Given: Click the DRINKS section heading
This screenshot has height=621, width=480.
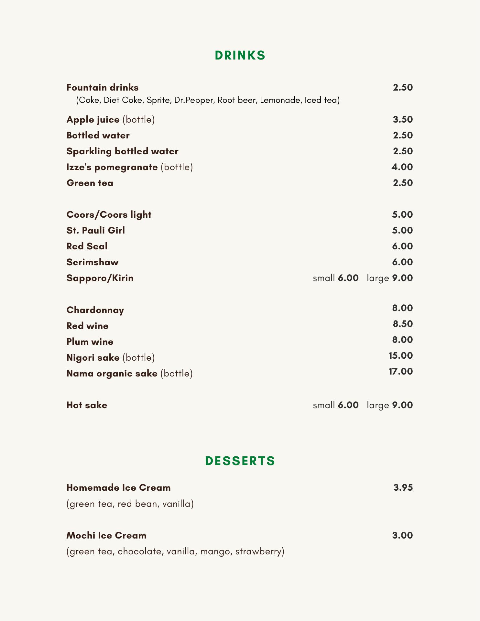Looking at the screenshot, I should click(x=240, y=56).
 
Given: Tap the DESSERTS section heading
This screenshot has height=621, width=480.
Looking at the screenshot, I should click(x=240, y=461).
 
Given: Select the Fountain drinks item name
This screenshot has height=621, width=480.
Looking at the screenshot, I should click(x=103, y=88).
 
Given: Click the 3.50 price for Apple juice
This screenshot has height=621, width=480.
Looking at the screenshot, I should click(x=403, y=120).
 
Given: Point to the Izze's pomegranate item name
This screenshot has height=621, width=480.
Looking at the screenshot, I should click(x=112, y=167).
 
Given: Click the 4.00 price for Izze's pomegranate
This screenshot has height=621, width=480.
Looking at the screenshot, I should click(x=402, y=167).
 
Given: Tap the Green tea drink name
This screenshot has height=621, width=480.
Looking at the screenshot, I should click(x=90, y=183).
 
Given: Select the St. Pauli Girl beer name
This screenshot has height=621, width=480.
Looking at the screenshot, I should click(x=95, y=231).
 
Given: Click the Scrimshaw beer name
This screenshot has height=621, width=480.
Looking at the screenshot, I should click(x=93, y=262).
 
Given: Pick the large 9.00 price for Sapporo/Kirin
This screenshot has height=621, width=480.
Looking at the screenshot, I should click(x=402, y=278).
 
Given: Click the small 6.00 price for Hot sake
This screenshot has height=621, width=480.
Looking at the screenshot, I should click(x=348, y=405).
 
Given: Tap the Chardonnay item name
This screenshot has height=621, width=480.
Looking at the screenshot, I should click(x=95, y=310).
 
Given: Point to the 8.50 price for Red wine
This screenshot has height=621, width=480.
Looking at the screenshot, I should click(x=403, y=324).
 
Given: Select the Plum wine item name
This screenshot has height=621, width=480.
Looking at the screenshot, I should click(x=90, y=342).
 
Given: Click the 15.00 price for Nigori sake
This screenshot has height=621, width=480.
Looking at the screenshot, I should click(x=401, y=356).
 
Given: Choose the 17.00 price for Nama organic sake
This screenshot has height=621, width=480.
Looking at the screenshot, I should click(x=401, y=372).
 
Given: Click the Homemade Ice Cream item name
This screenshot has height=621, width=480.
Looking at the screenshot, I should click(x=118, y=488).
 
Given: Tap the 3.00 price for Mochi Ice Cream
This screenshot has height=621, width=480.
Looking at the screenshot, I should click(x=402, y=536).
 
